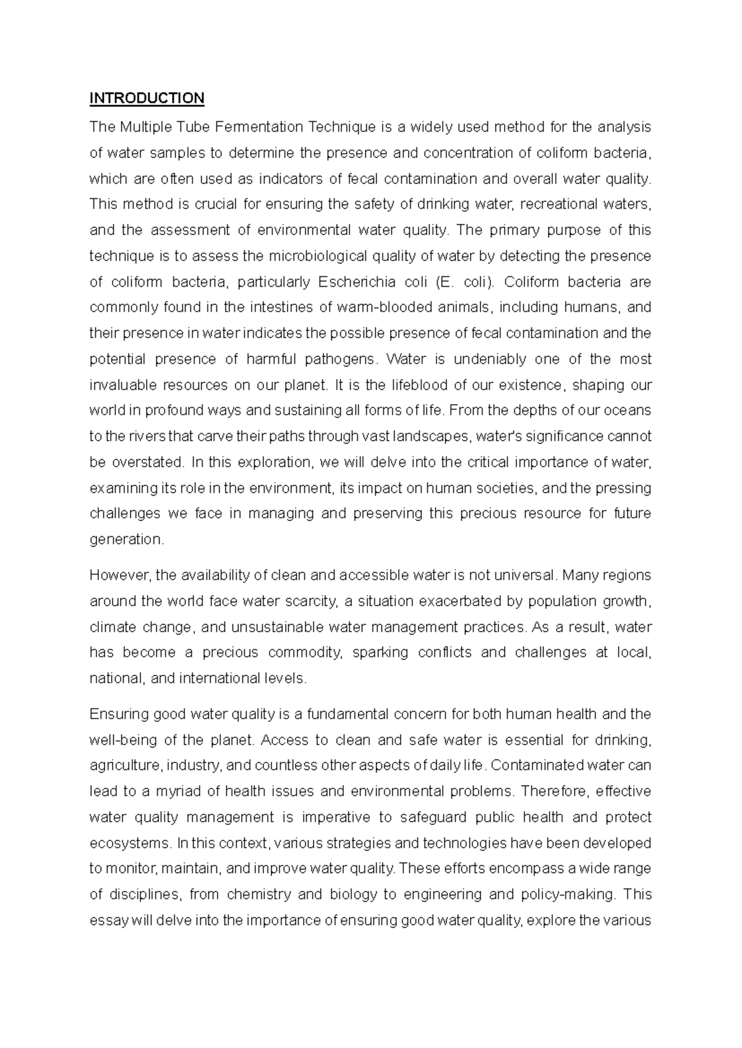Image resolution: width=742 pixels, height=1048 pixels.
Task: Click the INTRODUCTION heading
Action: click(147, 98)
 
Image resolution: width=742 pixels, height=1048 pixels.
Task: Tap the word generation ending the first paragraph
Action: click(126, 539)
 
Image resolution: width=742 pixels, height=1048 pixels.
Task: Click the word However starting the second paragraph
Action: click(119, 575)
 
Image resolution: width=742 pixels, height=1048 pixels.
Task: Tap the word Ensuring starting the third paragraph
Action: click(119, 714)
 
